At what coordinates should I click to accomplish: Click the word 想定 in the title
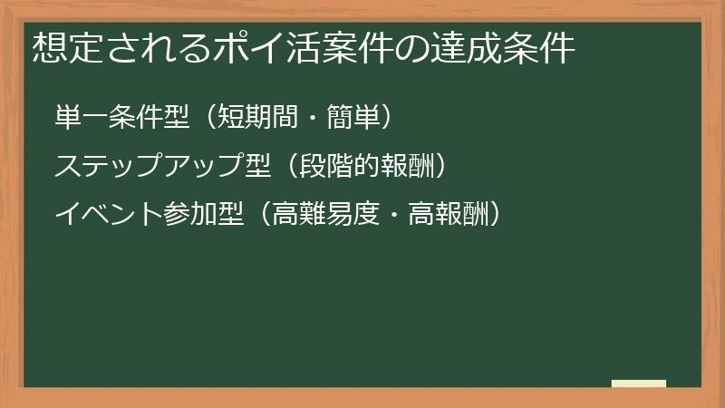[63, 48]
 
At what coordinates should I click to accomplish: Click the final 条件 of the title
[545, 48]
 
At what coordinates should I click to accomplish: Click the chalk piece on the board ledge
[639, 384]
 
